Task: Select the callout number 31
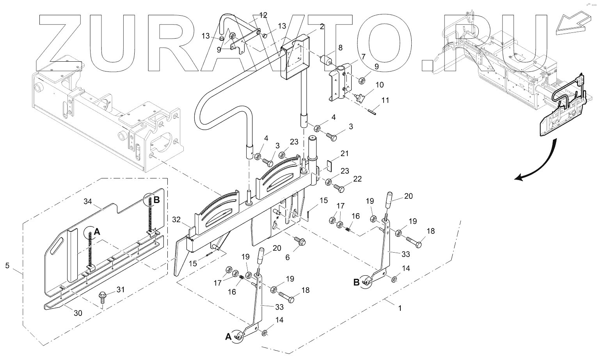click(121, 289)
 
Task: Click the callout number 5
click(7, 266)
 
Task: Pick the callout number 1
click(399, 308)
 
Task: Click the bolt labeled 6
click(300, 242)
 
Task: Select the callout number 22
click(357, 179)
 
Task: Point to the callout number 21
click(344, 154)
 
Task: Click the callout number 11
click(385, 100)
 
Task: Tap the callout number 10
click(379, 85)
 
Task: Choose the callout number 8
click(340, 48)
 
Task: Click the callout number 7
click(363, 57)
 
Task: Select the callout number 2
click(322, 27)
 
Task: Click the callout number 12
click(263, 15)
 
